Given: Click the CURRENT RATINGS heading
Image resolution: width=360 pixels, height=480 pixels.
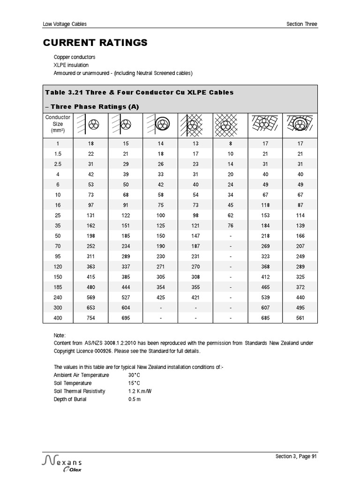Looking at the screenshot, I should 95,43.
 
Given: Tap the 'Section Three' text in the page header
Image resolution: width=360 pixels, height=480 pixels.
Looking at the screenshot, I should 301,24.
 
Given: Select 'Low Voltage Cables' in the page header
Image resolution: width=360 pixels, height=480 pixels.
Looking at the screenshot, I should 65,24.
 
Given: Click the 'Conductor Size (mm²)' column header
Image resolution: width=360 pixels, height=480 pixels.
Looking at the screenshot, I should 58,124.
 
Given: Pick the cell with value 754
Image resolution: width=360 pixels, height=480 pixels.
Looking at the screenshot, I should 90,318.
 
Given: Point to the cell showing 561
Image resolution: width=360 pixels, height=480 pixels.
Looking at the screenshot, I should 300,318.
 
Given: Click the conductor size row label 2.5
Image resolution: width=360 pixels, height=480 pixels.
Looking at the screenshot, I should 58,164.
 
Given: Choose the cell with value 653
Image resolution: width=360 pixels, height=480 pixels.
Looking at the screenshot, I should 90,307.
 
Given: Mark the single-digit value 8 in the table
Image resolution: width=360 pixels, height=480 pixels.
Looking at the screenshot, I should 230,143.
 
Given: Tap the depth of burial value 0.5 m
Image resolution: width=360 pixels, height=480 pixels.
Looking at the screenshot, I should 135,399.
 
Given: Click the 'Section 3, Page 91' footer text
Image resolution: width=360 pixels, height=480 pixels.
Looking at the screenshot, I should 296,457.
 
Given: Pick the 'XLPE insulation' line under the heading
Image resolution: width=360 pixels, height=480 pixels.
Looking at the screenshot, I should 71,65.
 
